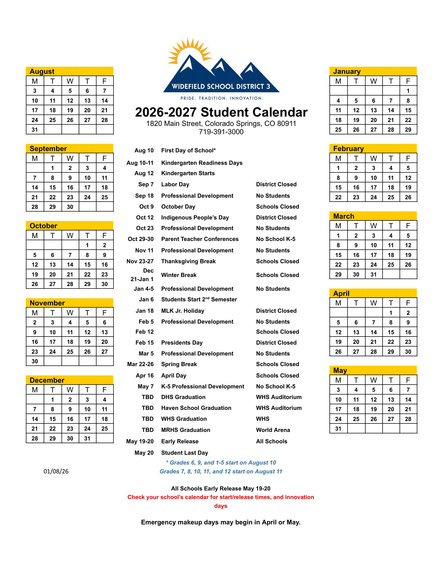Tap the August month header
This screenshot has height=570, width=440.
(42, 71)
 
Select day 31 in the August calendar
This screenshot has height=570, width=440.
(35, 130)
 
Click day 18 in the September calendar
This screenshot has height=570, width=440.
(105, 187)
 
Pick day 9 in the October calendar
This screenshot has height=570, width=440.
(105, 255)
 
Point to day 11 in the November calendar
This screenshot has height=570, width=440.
(70, 332)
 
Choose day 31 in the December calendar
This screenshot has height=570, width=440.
(87, 438)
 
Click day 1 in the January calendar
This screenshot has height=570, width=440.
(408, 91)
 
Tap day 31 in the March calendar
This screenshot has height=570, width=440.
(373, 274)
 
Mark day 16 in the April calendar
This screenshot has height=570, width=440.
(408, 332)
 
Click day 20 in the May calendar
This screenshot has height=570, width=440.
(391, 409)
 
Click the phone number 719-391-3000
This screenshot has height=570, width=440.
(221, 132)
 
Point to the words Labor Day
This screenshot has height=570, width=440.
(175, 184)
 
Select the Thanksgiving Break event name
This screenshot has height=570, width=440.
(188, 261)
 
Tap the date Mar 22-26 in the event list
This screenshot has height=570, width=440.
(140, 364)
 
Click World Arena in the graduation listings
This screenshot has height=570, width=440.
(273, 430)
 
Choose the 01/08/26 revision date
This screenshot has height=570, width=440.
(56, 471)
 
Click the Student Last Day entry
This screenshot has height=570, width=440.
(185, 453)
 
